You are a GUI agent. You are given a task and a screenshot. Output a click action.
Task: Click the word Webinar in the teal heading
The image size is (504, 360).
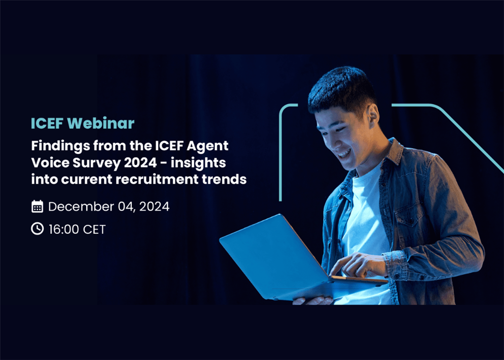101,123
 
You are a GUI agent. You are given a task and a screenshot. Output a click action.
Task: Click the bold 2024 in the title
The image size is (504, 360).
140,163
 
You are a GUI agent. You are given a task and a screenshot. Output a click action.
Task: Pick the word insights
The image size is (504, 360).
198,164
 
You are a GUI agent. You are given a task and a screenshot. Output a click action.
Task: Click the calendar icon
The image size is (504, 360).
37,206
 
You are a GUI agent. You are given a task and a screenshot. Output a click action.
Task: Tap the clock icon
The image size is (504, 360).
37,229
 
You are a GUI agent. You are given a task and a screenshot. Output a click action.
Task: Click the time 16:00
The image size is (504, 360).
64,229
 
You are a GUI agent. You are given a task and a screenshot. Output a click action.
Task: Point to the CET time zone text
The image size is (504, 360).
94,229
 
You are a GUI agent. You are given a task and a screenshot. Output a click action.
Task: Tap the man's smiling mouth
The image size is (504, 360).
344,154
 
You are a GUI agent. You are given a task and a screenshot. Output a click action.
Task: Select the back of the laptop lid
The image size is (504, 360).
273,256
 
